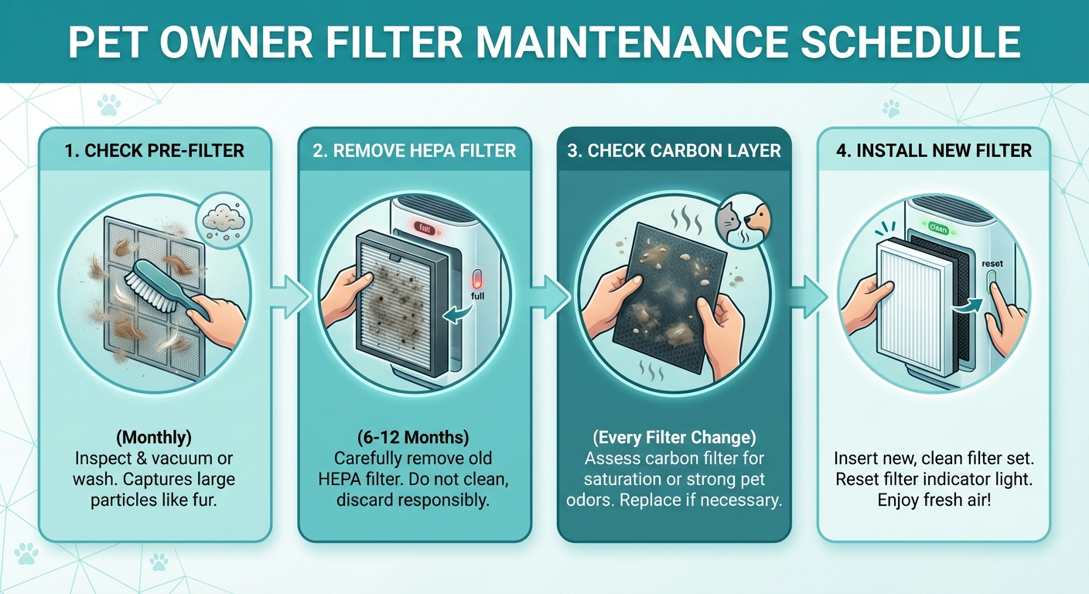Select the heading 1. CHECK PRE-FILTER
click(155, 150)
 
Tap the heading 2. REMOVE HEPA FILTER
click(415, 150)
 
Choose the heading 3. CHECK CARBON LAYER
click(674, 150)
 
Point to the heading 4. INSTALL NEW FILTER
click(934, 150)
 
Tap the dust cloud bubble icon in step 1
click(220, 220)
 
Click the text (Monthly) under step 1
click(155, 438)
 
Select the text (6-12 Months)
click(414, 438)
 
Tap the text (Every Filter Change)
click(674, 438)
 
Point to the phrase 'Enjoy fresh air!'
click(934, 500)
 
